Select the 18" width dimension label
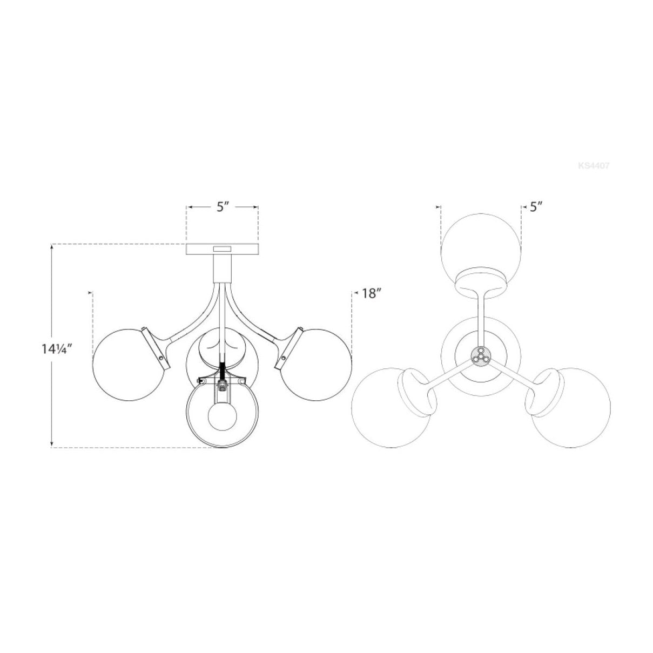(x=372, y=294)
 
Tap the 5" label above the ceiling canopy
(x=223, y=207)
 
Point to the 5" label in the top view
(x=535, y=207)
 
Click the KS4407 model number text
(x=593, y=166)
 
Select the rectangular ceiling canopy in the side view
(x=222, y=250)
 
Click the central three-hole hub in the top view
(x=480, y=356)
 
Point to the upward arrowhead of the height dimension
(x=52, y=247)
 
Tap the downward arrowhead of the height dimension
(x=52, y=445)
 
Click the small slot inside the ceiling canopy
(x=222, y=250)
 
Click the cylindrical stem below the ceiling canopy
(x=222, y=267)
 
